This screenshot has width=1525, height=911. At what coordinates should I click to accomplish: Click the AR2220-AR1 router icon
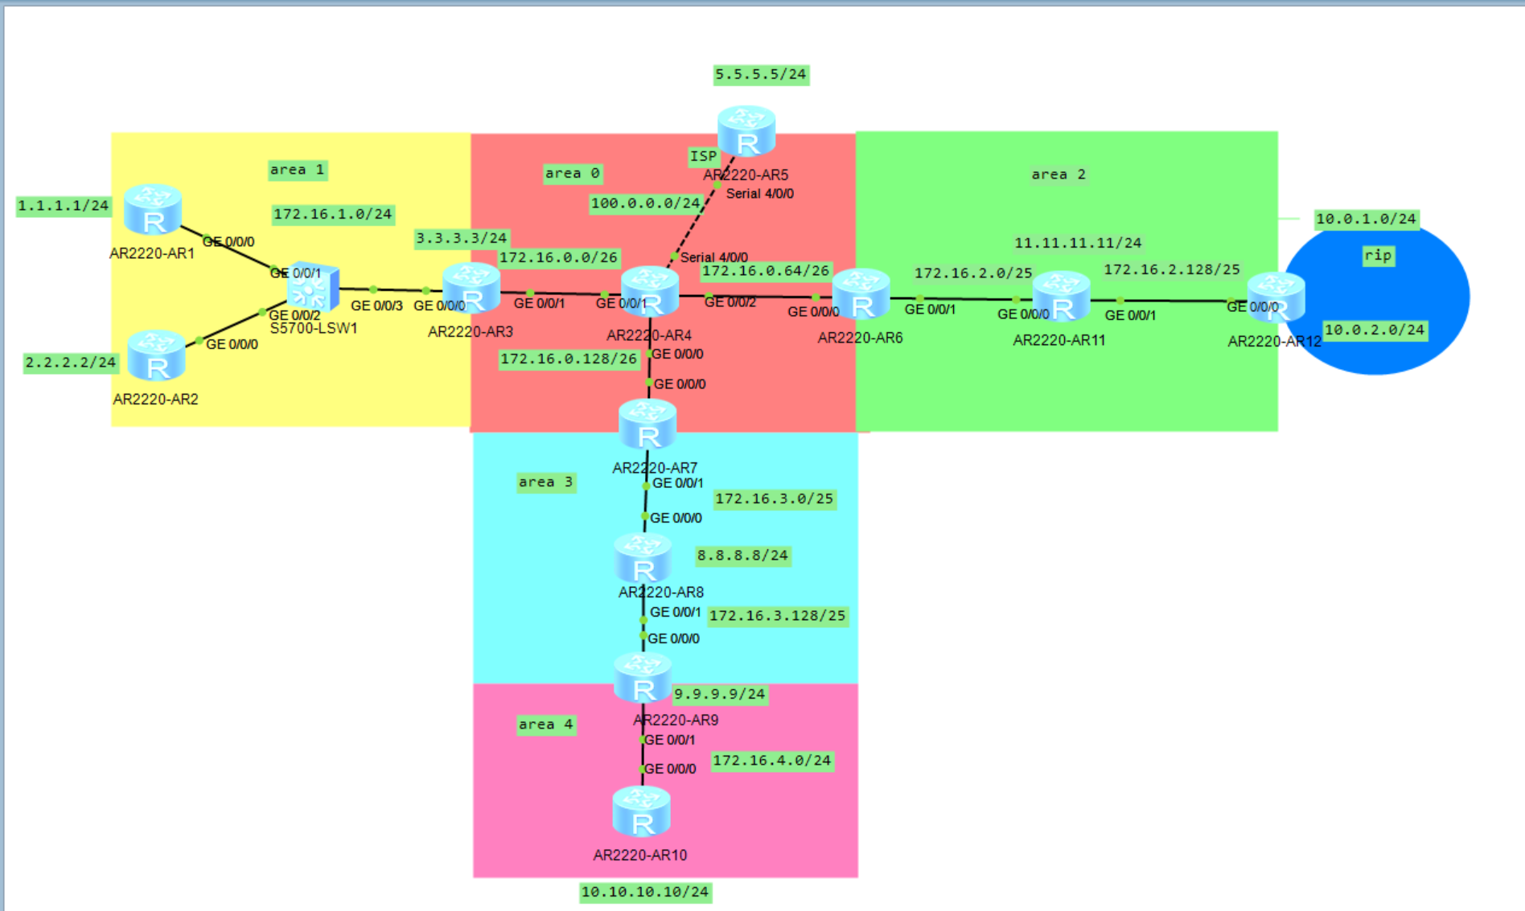click(153, 209)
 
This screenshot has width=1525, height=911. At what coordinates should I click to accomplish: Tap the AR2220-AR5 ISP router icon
click(746, 131)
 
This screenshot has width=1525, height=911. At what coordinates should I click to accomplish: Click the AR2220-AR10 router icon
click(641, 812)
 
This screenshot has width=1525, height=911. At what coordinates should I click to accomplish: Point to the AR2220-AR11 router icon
click(1061, 297)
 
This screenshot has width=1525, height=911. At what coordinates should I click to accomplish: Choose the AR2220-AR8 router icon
click(643, 558)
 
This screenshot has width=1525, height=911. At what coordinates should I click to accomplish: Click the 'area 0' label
click(572, 174)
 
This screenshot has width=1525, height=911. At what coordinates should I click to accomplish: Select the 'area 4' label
click(545, 724)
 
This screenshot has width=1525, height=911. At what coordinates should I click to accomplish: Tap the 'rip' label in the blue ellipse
click(1378, 256)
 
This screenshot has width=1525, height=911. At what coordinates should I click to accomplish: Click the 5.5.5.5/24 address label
click(760, 75)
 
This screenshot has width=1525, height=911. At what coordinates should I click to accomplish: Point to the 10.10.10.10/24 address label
click(645, 892)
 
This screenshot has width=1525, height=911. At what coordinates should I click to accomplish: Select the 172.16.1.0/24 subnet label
click(332, 214)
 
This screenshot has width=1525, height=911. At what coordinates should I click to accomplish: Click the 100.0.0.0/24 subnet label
click(645, 203)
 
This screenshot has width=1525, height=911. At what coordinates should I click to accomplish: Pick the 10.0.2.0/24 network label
click(1375, 330)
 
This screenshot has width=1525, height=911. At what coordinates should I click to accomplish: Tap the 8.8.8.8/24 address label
click(742, 556)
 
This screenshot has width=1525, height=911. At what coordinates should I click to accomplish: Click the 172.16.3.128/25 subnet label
click(777, 616)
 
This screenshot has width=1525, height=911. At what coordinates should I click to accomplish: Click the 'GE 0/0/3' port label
click(376, 306)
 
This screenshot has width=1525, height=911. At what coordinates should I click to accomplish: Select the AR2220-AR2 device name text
click(155, 400)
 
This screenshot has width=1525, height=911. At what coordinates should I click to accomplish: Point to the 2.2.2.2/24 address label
click(71, 363)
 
